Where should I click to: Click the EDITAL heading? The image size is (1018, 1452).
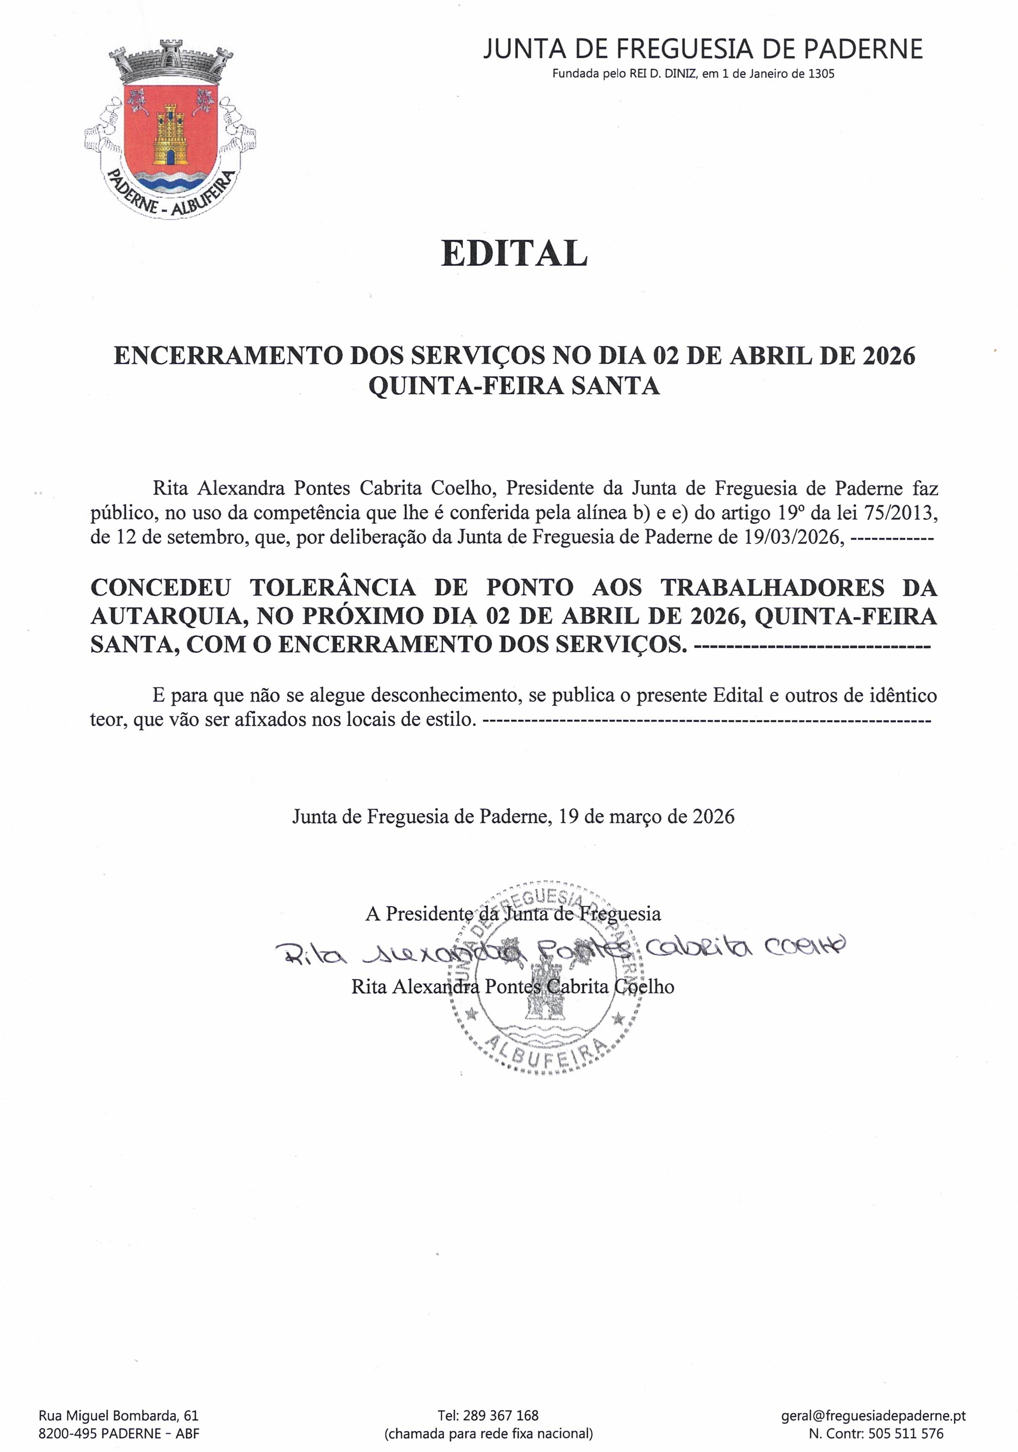point(514,253)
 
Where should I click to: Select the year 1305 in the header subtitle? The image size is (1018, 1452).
point(821,74)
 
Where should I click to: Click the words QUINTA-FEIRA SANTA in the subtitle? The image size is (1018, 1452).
point(514,385)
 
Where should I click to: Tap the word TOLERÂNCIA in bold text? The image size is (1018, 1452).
point(333,588)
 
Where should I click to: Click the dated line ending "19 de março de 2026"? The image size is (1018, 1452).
point(513,817)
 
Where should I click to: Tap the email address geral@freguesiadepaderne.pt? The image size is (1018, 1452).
point(873,1415)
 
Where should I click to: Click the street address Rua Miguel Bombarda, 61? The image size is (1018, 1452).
point(118,1415)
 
